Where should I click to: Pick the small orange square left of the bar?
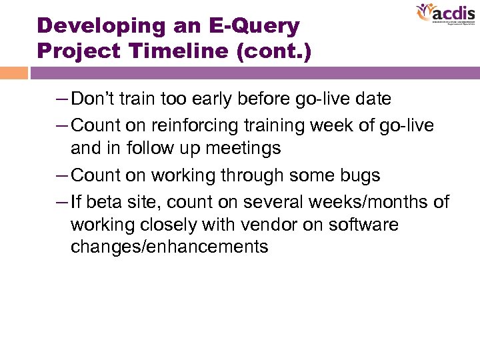(14, 73)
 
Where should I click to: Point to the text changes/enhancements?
(169, 247)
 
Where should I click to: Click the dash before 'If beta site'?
(61, 201)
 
